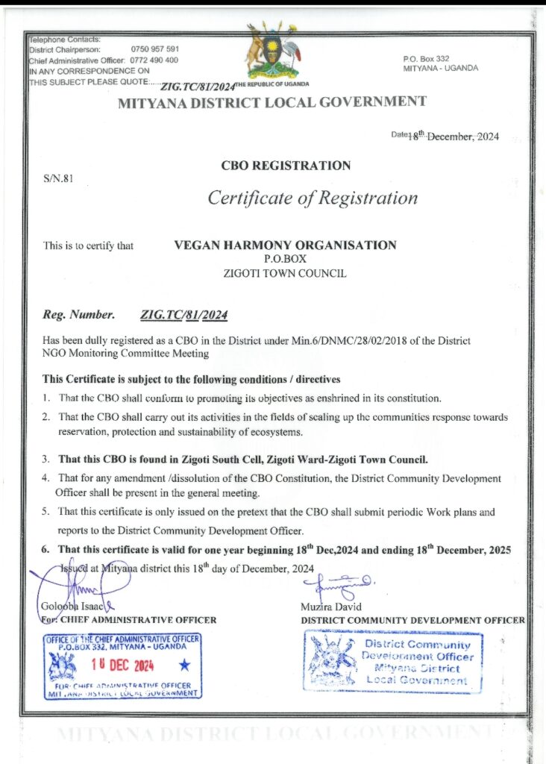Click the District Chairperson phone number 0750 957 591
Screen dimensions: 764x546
click(154, 49)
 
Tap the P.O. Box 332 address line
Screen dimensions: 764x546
click(426, 58)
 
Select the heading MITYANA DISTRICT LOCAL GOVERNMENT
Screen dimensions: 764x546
click(272, 102)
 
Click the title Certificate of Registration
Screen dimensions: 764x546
click(313, 198)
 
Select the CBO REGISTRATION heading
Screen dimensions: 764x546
click(286, 165)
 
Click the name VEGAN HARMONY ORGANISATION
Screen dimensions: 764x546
click(285, 245)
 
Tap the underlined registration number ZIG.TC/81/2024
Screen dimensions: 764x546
click(184, 315)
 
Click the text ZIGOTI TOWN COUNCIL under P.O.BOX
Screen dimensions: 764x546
click(285, 274)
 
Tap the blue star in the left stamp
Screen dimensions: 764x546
click(184, 663)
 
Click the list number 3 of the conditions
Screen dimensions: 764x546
click(45, 459)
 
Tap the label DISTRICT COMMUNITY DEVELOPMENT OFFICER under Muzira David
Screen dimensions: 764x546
click(412, 620)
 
